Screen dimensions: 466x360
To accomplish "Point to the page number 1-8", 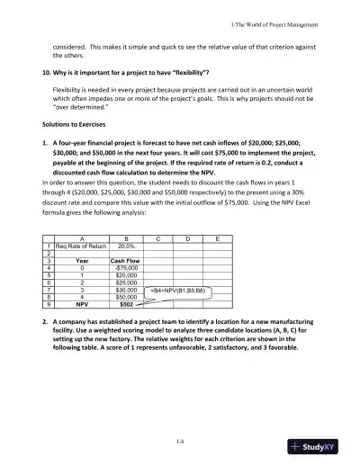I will point(180,439).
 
